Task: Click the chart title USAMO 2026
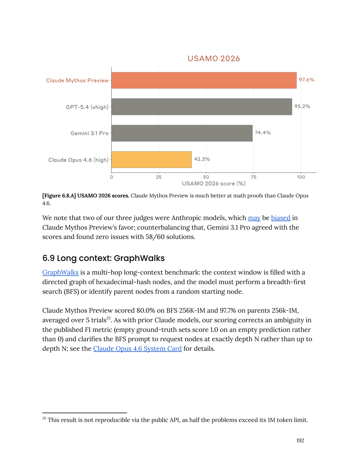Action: (x=214, y=58)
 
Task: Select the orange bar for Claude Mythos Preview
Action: (x=204, y=80)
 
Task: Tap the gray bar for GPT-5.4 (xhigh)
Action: (x=202, y=107)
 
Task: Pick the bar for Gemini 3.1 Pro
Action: (x=182, y=133)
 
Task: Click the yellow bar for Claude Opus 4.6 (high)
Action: (x=151, y=160)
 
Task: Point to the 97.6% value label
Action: (x=306, y=80)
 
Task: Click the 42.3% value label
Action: (x=202, y=159)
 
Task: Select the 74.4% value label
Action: (x=263, y=133)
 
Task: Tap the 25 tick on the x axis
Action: (x=159, y=177)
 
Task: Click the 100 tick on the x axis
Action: (x=301, y=177)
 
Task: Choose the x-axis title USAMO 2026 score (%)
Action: (x=214, y=184)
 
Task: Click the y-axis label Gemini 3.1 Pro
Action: (x=90, y=133)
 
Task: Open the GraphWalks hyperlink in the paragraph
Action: (x=60, y=272)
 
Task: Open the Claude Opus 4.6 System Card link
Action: (x=137, y=349)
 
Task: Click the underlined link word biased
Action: (x=281, y=218)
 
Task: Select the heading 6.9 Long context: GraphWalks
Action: (x=104, y=258)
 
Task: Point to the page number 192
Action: (x=300, y=440)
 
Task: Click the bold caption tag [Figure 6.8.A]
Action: (x=59, y=196)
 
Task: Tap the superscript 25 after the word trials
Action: (x=108, y=318)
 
